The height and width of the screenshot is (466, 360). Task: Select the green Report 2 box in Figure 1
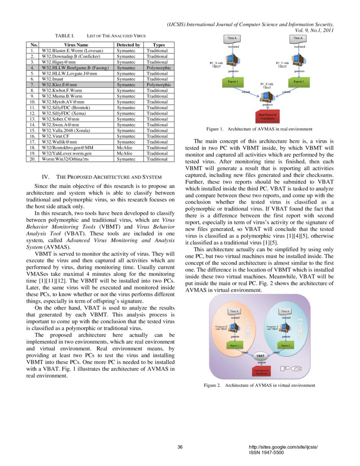[x=299, y=81]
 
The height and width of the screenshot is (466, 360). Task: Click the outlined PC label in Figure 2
[x=291, y=369]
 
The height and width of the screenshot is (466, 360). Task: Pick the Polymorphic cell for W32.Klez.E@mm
[x=158, y=85]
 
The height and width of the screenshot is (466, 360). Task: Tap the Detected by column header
[x=128, y=44]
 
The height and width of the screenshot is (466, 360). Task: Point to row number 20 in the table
[x=32, y=159]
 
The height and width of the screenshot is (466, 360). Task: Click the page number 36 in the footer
[x=180, y=447]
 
